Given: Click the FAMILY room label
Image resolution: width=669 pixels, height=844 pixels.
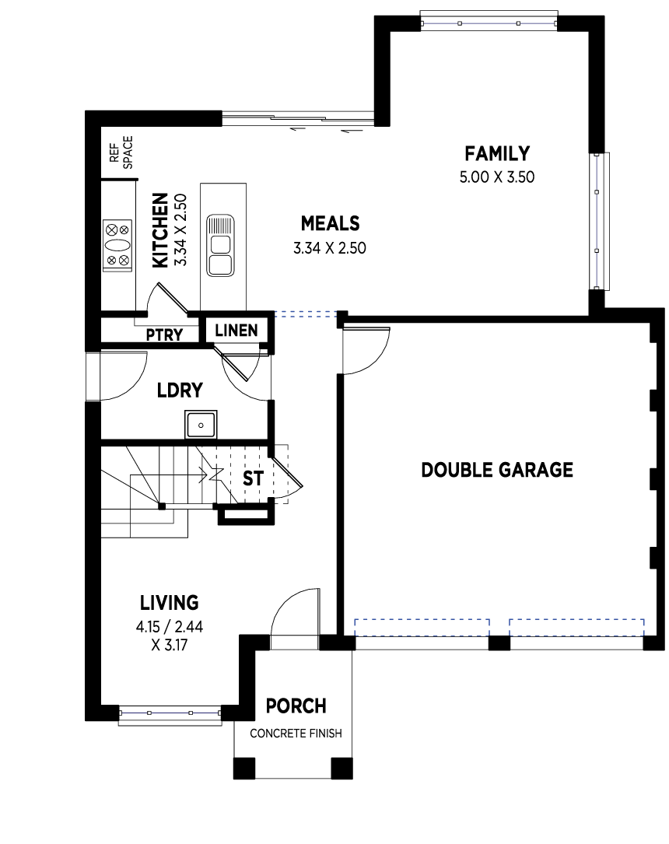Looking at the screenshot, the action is [x=497, y=154].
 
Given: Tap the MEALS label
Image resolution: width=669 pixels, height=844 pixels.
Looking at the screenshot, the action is [x=330, y=223].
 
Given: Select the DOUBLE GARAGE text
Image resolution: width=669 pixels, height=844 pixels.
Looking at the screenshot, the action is [x=497, y=470].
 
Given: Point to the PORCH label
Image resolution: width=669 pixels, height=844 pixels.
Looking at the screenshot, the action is [x=296, y=706].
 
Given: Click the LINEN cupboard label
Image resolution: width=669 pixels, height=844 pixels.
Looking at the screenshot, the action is [x=236, y=331].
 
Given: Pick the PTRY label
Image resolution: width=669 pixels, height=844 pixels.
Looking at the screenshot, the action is [x=164, y=334].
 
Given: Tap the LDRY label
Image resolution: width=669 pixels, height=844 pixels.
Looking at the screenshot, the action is [x=180, y=390].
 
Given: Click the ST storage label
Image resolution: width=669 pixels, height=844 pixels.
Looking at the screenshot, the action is [x=253, y=478].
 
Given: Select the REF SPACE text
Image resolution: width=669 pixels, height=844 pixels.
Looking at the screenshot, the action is [x=121, y=152].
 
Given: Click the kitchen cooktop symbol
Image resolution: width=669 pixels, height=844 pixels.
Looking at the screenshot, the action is [x=117, y=246].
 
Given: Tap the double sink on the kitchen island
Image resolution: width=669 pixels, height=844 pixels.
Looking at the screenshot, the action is [x=221, y=246].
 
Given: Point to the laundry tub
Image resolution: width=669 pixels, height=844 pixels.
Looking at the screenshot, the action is [x=201, y=425].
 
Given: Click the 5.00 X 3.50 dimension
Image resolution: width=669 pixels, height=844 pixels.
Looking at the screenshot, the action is [x=497, y=177].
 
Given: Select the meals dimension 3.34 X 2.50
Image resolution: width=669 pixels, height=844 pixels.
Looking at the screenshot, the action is [x=329, y=248].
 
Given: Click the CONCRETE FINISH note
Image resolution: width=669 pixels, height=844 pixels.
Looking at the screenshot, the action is [x=296, y=733].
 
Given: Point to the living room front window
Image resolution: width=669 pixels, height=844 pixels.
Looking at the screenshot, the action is [x=170, y=713].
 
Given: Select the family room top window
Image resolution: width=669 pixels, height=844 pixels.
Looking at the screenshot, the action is [x=489, y=23].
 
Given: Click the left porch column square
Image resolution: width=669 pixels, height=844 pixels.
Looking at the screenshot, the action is [x=243, y=769].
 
